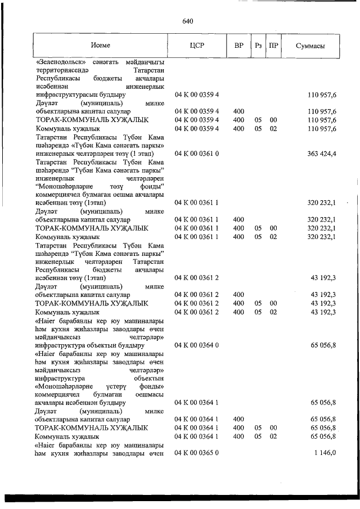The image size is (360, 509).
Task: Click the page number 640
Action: point(187,21)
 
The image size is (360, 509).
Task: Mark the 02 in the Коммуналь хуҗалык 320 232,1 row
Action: point(273,237)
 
